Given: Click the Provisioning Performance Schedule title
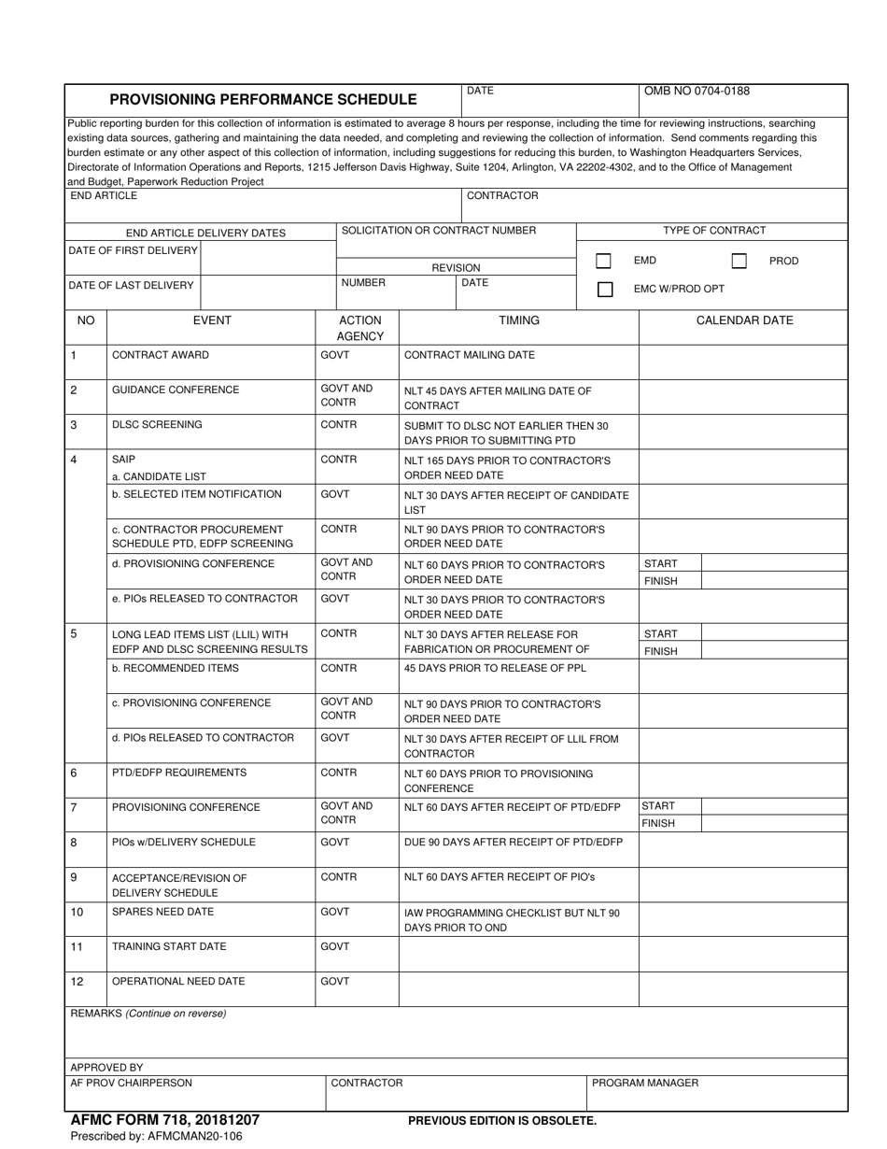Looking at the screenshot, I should pyautogui.click(x=263, y=99).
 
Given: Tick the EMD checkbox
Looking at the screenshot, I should pyautogui.click(x=604, y=262).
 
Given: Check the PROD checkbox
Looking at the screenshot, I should pyautogui.click(x=739, y=262).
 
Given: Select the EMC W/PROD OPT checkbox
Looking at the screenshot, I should pyautogui.click(x=604, y=290).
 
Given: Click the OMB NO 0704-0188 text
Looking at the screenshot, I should pyautogui.click(x=697, y=92).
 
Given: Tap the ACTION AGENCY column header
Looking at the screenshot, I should pyautogui.click(x=359, y=328).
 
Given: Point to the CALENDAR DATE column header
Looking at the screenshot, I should pyautogui.click(x=744, y=320).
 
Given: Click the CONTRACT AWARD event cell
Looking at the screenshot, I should pyautogui.click(x=161, y=355).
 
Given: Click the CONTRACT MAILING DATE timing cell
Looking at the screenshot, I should pyautogui.click(x=470, y=355).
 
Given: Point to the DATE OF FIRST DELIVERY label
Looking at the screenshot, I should pyautogui.click(x=134, y=250).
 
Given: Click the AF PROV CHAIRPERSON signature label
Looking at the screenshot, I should pyautogui.click(x=132, y=1083).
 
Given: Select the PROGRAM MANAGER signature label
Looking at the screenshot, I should pyautogui.click(x=645, y=1083).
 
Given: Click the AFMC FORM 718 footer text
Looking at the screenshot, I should pyautogui.click(x=165, y=1119).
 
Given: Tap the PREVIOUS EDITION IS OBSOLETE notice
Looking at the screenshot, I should pyautogui.click(x=502, y=1120).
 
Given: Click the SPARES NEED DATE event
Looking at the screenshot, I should pyautogui.click(x=162, y=912).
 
